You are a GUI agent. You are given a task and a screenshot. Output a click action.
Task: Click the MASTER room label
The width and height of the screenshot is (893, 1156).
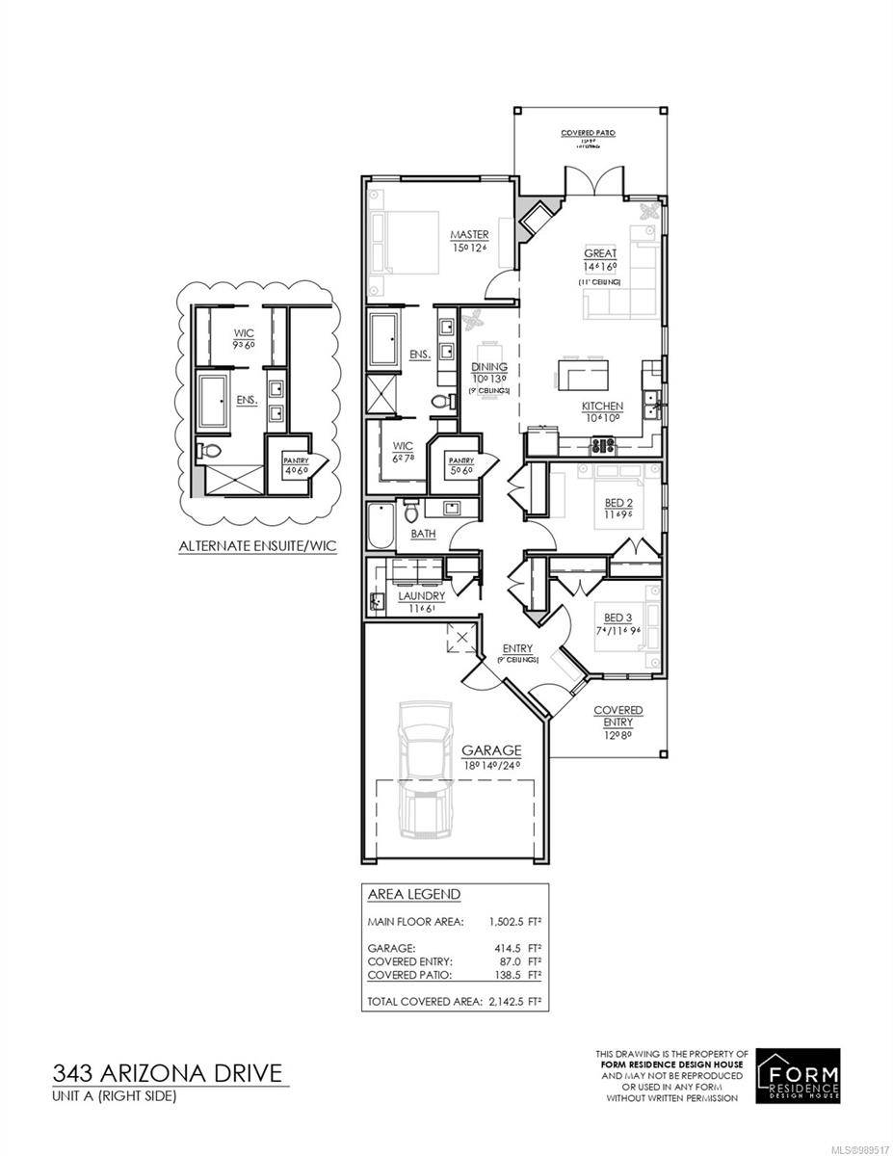470,235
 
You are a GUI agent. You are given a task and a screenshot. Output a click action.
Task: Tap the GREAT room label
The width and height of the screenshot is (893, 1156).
599,253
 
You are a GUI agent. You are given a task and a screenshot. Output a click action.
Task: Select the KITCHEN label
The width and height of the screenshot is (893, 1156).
601,407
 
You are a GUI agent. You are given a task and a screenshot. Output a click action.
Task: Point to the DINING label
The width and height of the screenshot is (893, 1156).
484,367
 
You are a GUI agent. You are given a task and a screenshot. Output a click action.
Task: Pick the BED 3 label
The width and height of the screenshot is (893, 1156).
617,617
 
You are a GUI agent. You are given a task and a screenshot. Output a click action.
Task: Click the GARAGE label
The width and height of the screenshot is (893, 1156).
490,749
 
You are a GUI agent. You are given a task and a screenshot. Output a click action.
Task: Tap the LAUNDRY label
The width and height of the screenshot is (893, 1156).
421,596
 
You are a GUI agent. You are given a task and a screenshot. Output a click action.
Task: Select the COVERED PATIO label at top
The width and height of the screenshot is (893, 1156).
588,133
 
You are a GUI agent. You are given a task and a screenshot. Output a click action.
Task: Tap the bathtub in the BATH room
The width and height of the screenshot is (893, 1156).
381,525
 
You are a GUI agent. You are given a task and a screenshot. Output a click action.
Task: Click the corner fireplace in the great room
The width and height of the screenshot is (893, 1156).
534,220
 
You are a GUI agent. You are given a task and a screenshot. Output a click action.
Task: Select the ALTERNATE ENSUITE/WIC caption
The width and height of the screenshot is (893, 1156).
253,546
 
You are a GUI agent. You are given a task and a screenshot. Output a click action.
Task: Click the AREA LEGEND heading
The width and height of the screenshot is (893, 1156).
414,894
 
